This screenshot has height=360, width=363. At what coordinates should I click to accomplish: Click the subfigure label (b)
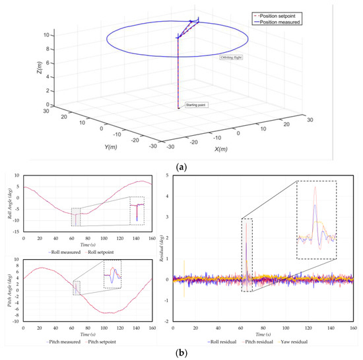(x=181, y=353)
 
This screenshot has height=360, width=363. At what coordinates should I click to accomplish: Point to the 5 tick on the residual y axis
(x=168, y=175)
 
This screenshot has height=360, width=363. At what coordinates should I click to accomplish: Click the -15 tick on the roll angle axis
(x=17, y=232)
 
